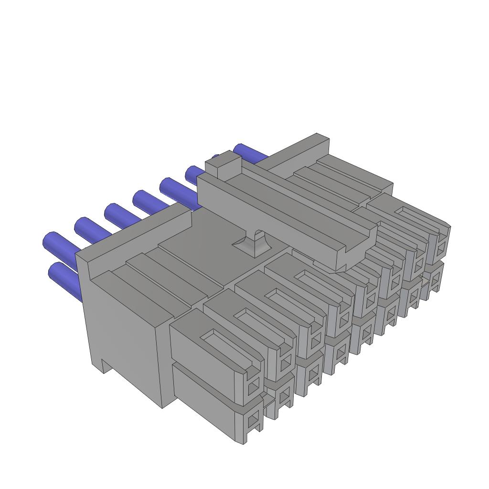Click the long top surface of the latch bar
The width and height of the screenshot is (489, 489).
point(287,205)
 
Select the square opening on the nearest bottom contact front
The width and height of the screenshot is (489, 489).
point(253,421)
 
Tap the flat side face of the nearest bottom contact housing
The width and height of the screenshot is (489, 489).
point(205,401)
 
